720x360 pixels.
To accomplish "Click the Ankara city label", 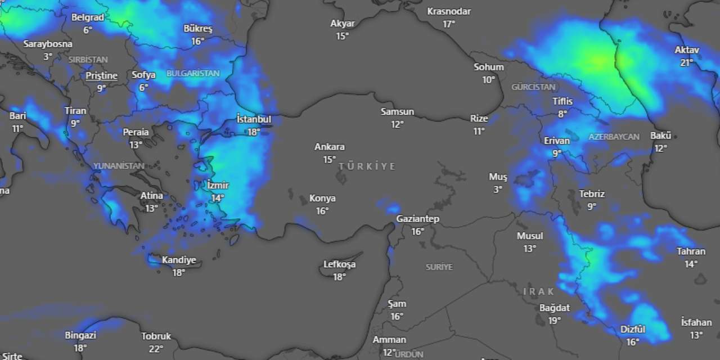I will (x=330, y=147).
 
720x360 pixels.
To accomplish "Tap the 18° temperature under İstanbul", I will (x=254, y=132).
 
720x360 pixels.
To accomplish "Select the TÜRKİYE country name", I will (x=367, y=166).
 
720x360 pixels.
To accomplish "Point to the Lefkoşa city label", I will (x=339, y=264).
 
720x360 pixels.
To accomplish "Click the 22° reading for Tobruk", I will (x=156, y=349).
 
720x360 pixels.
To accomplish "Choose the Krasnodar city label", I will (x=449, y=11).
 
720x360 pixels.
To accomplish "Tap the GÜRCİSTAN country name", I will (x=533, y=87).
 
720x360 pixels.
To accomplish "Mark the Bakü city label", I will (x=660, y=136).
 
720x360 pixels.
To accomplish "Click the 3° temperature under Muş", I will (x=498, y=190).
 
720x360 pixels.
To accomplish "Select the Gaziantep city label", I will (x=417, y=219).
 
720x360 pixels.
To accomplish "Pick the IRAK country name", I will (x=538, y=291).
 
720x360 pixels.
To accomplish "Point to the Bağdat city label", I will (x=555, y=308).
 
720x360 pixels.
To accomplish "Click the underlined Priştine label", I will (x=102, y=75).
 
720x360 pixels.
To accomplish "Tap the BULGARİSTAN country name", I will (x=193, y=74).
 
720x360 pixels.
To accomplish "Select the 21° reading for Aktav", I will (x=687, y=62).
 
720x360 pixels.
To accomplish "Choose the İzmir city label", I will (x=218, y=185).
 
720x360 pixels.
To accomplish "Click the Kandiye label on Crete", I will (x=179, y=260).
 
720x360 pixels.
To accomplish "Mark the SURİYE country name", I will (x=439, y=267).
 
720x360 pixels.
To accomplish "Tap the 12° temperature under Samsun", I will (x=398, y=124).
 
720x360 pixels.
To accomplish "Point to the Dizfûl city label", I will (x=633, y=329).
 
